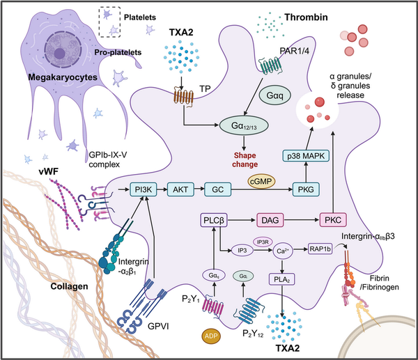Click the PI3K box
point(144,189)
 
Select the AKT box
point(180,189)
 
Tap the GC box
point(217,189)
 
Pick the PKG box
point(306,189)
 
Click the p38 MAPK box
point(306,155)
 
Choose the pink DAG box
point(270,220)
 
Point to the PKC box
point(333,220)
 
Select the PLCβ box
point(214,220)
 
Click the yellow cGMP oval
point(261,182)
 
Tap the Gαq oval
point(275,95)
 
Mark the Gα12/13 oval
point(244,125)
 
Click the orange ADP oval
point(211,336)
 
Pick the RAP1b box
point(320,249)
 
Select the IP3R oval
point(263,242)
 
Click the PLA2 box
point(282,279)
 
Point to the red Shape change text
point(245,159)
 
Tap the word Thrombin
point(306,17)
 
